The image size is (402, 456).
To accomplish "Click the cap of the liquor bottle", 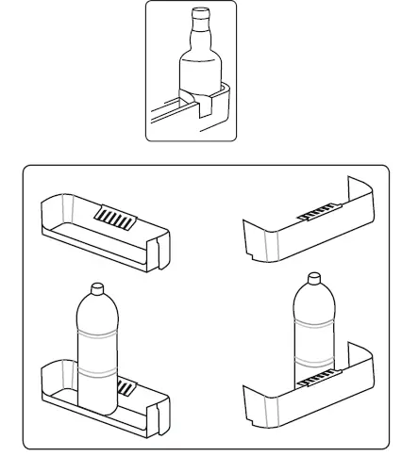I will pyautogui.click(x=199, y=15).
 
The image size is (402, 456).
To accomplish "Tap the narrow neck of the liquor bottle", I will pyautogui.click(x=199, y=33).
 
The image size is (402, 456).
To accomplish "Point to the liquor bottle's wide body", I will pyautogui.click(x=200, y=75).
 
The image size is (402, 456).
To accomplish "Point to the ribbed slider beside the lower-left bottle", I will pyautogui.click(x=127, y=387).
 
